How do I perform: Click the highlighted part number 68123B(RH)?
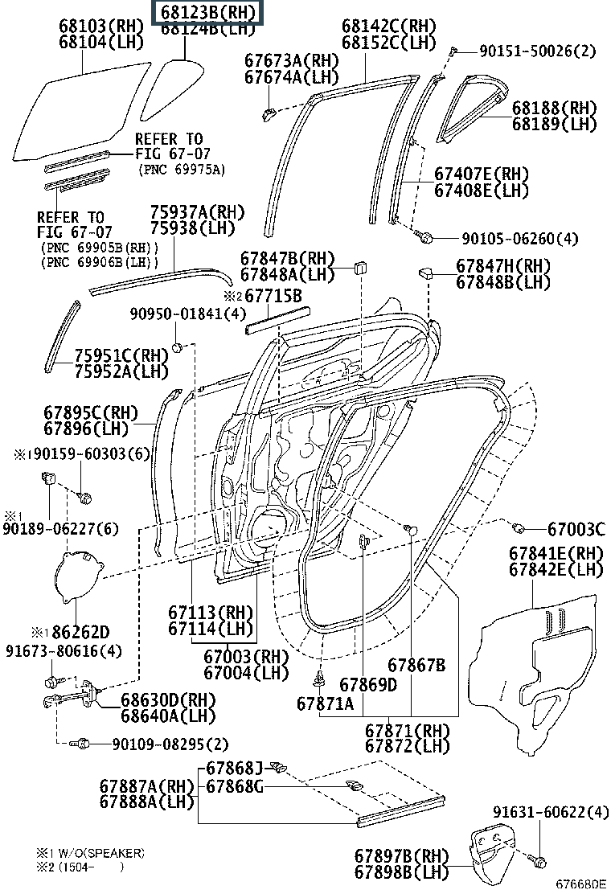pyautogui.click(x=208, y=12)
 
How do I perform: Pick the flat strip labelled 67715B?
pyautogui.click(x=273, y=322)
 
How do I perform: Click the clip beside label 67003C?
pyautogui.click(x=519, y=527)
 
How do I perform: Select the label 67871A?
pyautogui.click(x=325, y=703)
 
